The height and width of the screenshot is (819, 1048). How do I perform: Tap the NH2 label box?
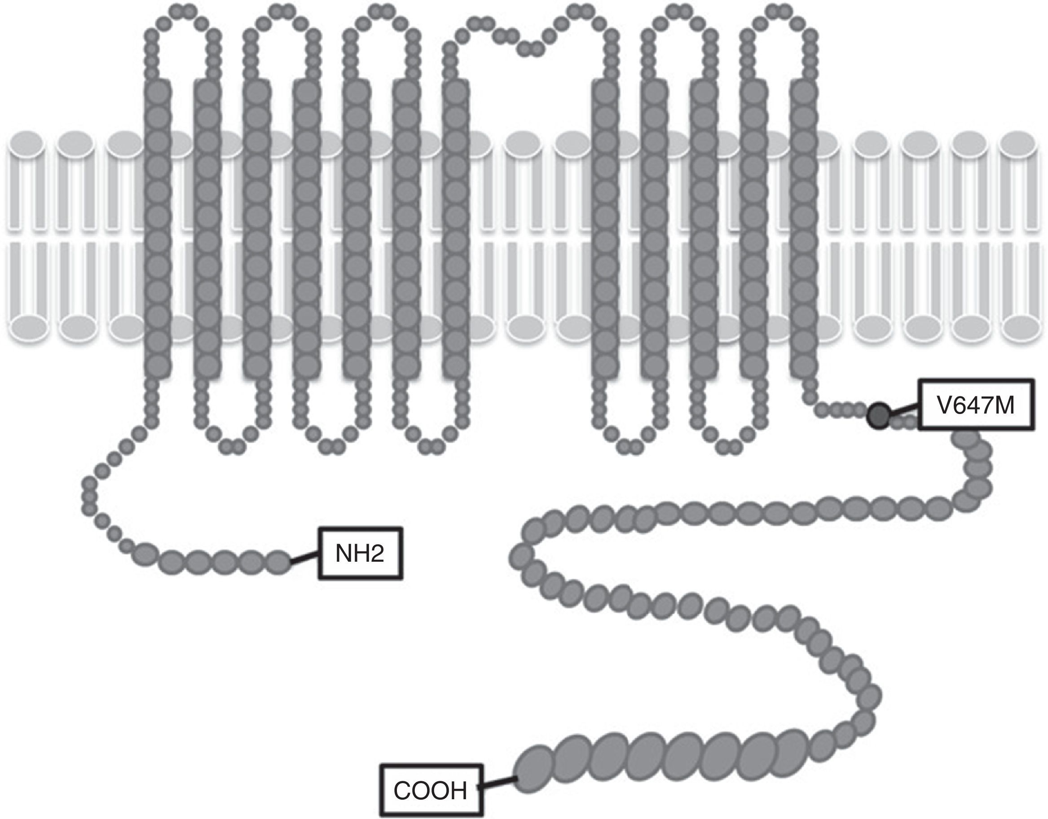360,554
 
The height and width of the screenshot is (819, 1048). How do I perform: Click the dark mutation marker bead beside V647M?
879,415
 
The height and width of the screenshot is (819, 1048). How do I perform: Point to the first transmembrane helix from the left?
158,228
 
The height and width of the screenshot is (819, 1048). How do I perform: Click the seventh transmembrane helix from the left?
455,228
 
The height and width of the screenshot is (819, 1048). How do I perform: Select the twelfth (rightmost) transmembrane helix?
803,228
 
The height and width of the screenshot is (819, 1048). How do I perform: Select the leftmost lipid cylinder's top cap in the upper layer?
26,142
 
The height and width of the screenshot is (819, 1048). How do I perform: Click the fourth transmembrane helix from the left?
307,228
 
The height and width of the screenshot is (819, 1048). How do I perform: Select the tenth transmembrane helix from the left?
704,228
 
